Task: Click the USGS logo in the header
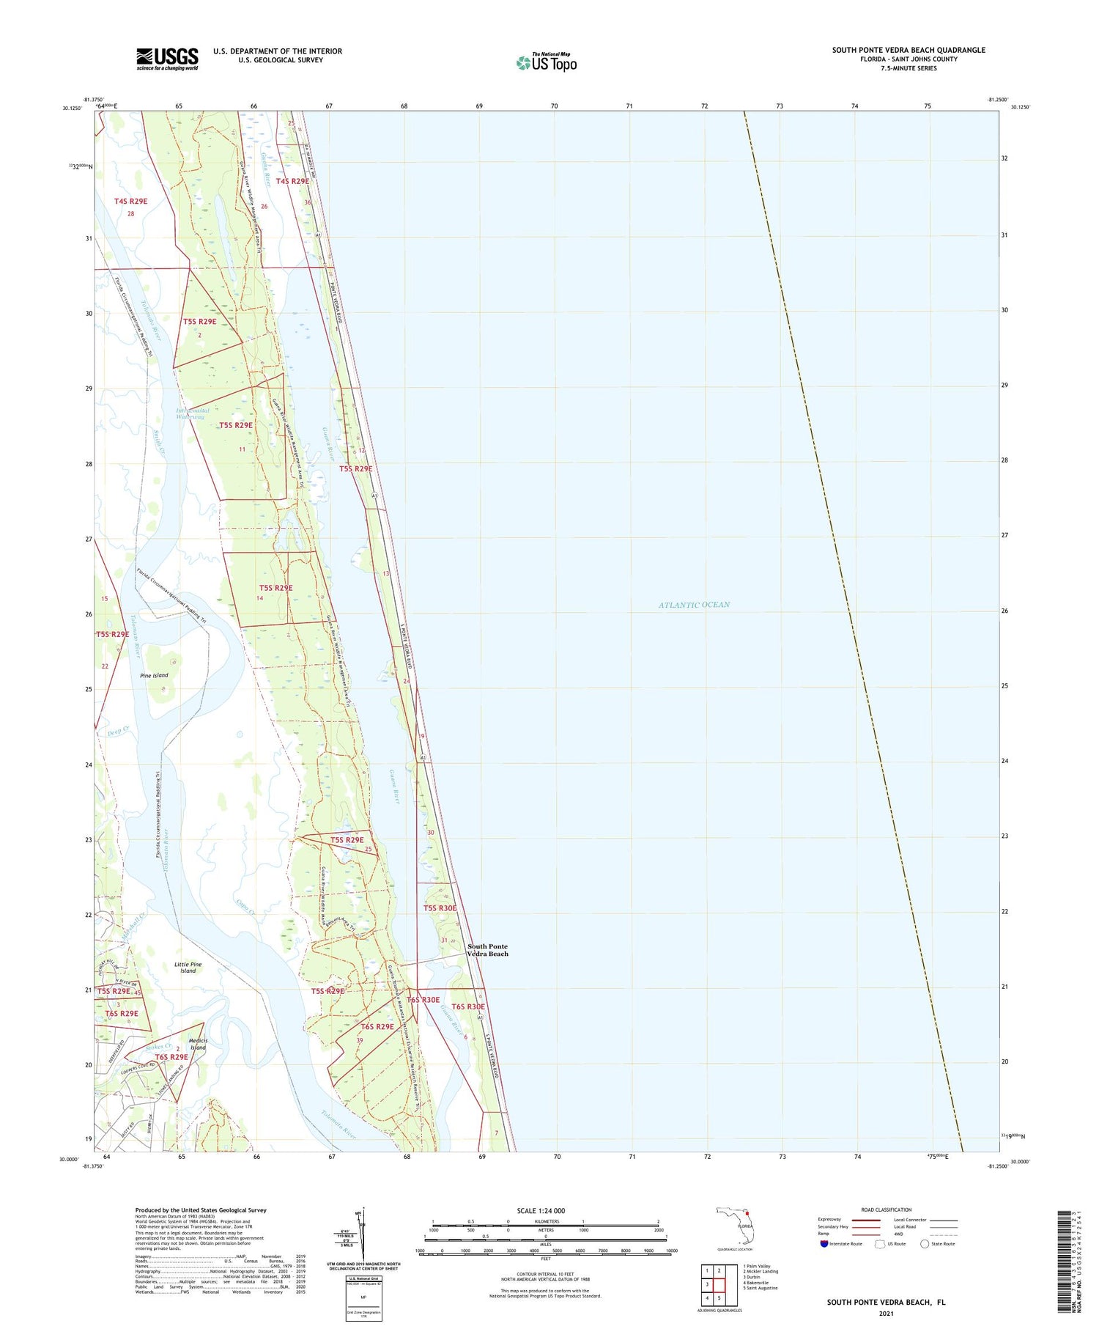167,59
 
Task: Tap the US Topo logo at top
547,62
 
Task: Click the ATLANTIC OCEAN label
694,605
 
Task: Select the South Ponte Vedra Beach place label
488,950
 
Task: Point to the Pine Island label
154,675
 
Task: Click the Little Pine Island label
188,968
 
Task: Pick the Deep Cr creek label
118,729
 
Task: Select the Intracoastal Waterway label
193,413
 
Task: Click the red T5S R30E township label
440,908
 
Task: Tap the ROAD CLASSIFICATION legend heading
887,1210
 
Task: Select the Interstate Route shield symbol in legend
824,1243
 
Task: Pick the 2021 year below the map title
886,1313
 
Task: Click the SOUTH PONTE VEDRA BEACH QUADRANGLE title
909,50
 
